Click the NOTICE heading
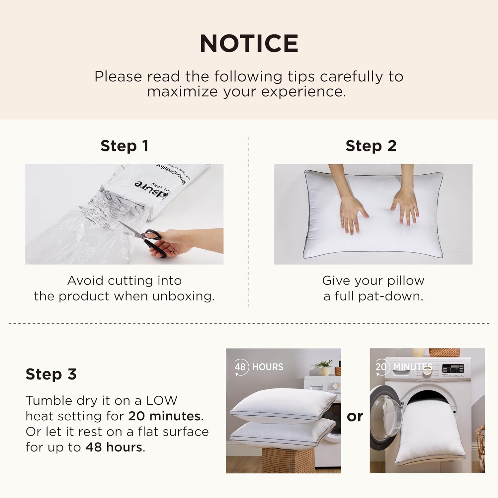(x=249, y=43)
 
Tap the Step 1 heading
(x=124, y=146)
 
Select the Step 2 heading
(x=371, y=146)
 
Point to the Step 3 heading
(x=51, y=374)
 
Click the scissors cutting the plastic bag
(x=146, y=238)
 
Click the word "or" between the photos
(x=355, y=416)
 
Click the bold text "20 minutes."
(x=166, y=416)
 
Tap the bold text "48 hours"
(x=114, y=447)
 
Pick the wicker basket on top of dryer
(x=444, y=352)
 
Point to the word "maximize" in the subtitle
(x=183, y=92)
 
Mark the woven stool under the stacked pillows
(x=288, y=460)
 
